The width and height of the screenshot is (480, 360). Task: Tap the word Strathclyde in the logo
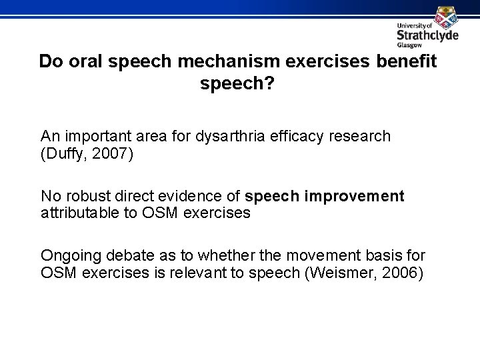tap(427, 36)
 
